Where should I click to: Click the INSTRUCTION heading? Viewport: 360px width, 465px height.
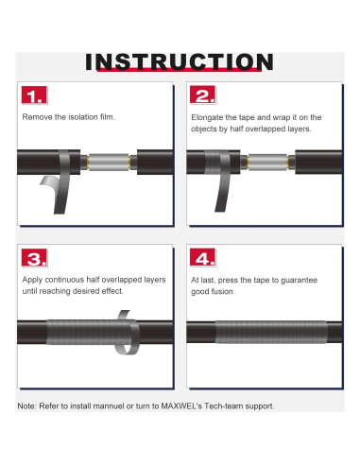180,61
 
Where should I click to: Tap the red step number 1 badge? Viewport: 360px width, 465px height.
34,95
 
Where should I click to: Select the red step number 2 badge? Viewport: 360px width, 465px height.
203,95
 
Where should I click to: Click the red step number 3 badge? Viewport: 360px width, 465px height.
34,258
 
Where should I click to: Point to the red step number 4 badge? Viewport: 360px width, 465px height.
203,257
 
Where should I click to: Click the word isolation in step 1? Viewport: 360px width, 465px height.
83,117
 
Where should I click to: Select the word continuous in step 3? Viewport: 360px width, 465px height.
66,280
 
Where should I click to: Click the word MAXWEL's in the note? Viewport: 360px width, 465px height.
181,406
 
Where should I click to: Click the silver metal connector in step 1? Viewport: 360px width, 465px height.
109,163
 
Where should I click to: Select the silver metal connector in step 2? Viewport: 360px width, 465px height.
267,163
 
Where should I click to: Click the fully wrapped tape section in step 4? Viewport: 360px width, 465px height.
271,332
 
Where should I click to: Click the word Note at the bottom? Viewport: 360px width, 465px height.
26,406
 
